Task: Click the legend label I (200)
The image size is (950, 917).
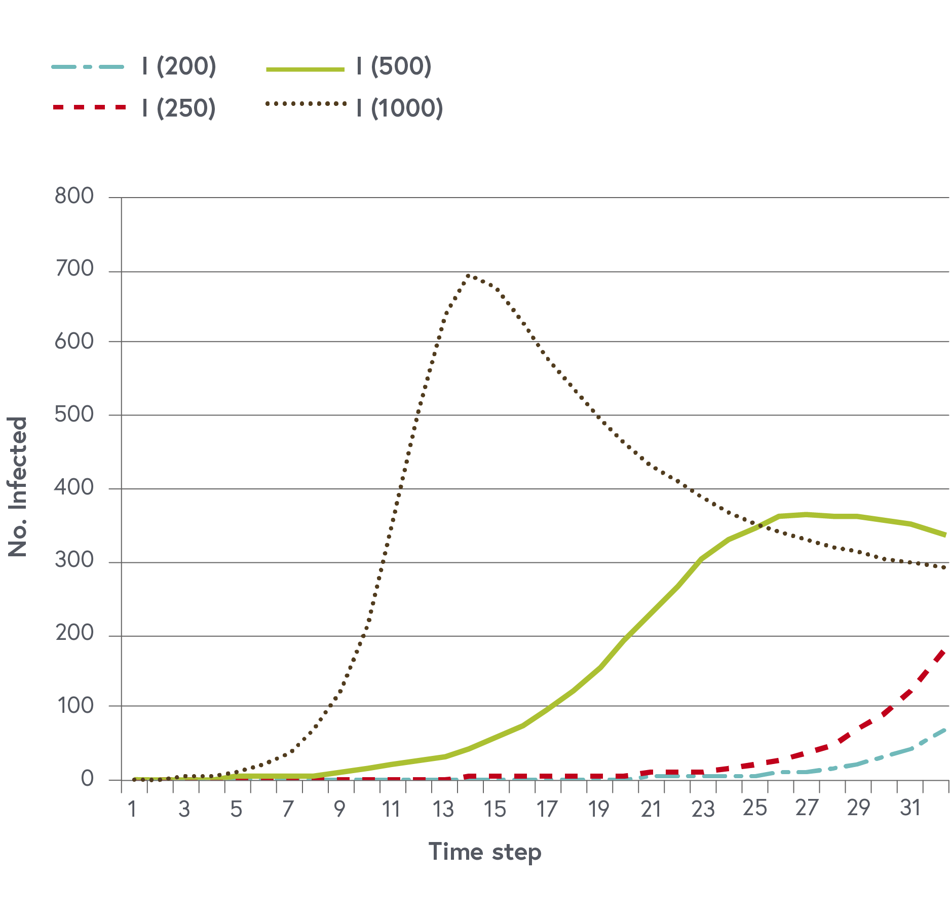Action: (x=179, y=66)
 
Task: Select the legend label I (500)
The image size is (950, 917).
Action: (x=394, y=66)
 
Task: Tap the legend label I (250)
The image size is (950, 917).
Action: (x=179, y=108)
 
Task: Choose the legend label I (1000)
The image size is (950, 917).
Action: (x=400, y=108)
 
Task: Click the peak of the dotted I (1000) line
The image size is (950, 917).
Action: (x=469, y=276)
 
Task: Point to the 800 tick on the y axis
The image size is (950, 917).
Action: (x=74, y=196)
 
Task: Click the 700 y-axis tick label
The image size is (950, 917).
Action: (x=74, y=269)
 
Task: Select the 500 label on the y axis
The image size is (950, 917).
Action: (x=74, y=414)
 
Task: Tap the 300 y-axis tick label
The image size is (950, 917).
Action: (x=74, y=560)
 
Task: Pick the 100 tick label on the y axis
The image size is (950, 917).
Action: (x=74, y=706)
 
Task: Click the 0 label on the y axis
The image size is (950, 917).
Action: (x=87, y=779)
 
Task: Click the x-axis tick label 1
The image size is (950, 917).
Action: (x=132, y=810)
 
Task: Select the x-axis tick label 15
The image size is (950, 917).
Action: (x=495, y=810)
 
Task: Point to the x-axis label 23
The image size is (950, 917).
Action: (x=703, y=810)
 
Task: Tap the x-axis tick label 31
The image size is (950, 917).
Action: (x=910, y=809)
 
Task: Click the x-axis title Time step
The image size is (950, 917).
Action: (x=485, y=852)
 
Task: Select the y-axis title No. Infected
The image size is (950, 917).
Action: (x=18, y=487)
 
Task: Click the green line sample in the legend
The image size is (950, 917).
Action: (x=305, y=69)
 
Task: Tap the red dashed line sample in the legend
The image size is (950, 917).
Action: (x=89, y=107)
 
